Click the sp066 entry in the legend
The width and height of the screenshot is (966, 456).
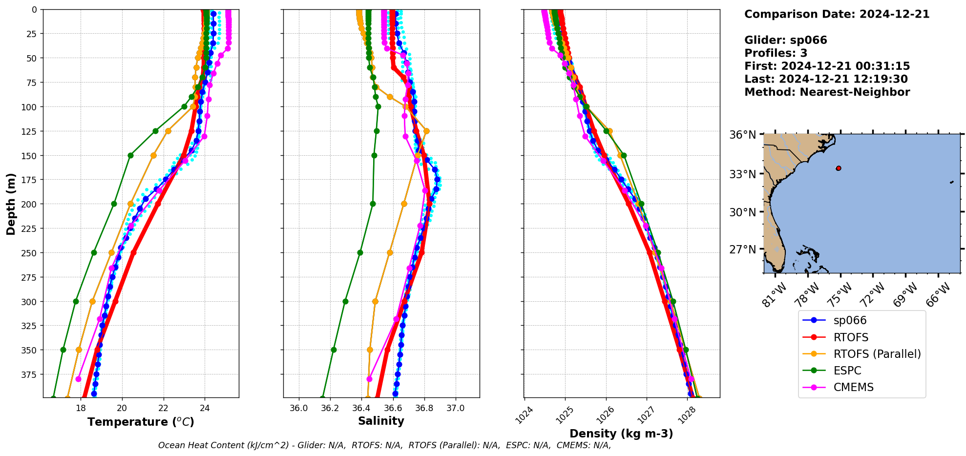[849, 321]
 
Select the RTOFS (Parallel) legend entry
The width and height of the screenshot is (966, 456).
[877, 354]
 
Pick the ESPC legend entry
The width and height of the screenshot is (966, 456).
[847, 371]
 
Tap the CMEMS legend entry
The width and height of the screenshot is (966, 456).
[853, 387]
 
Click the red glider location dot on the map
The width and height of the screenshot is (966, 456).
[839, 168]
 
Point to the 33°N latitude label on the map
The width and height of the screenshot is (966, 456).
[743, 174]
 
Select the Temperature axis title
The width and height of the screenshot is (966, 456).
[141, 422]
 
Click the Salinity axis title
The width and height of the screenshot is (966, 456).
[381, 421]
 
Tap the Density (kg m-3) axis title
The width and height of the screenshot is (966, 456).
[621, 434]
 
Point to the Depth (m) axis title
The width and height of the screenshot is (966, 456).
[11, 204]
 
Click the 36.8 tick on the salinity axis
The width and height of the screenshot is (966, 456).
[424, 408]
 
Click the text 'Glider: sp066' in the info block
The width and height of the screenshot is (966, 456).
[785, 40]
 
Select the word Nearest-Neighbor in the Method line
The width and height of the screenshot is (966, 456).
[855, 92]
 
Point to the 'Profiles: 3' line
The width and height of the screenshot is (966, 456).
[776, 53]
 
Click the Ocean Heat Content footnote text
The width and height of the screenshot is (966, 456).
[384, 445]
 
